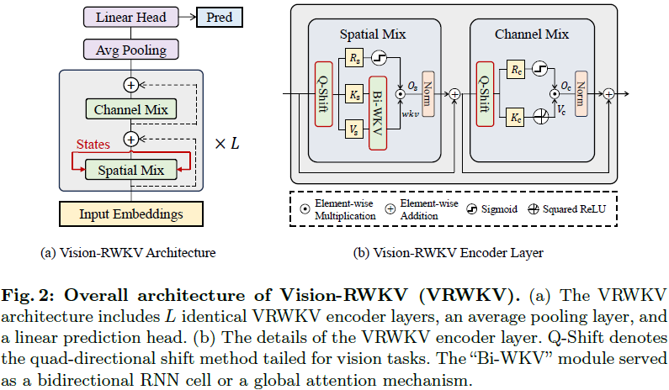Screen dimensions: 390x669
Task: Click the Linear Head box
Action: tap(130, 17)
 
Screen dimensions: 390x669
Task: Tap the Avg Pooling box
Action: tap(130, 50)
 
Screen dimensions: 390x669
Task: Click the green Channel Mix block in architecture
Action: tap(130, 109)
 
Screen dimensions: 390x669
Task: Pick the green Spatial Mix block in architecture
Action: tap(130, 170)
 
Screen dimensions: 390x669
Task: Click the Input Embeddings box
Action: tap(130, 213)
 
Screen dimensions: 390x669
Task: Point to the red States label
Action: tap(93, 145)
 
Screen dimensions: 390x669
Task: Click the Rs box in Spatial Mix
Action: tap(353, 59)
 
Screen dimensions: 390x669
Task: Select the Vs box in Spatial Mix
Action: tap(353, 129)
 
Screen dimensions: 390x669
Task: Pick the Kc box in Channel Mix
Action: tap(514, 119)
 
